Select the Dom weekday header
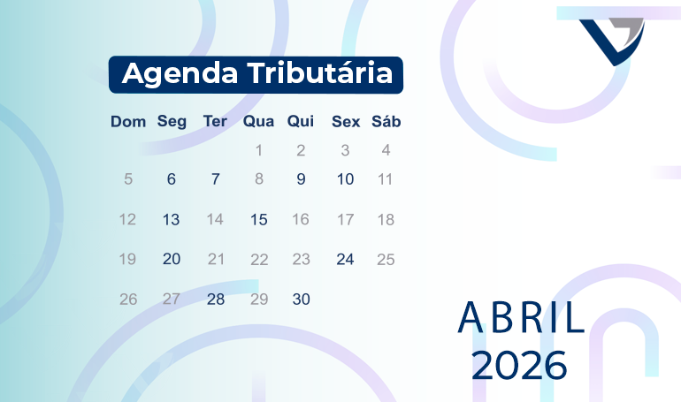(x=128, y=122)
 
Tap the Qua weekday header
(x=258, y=122)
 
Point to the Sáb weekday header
(x=386, y=122)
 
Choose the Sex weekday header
(x=345, y=122)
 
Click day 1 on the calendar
(x=258, y=150)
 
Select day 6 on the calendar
(x=171, y=179)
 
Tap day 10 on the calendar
(x=345, y=179)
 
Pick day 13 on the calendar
(x=171, y=219)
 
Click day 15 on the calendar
(x=258, y=219)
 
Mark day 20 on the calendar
(x=171, y=259)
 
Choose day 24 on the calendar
(x=345, y=259)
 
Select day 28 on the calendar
(x=215, y=300)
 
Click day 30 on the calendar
(x=301, y=300)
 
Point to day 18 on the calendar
(x=386, y=219)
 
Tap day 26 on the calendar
(x=128, y=300)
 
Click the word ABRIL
(x=521, y=319)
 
